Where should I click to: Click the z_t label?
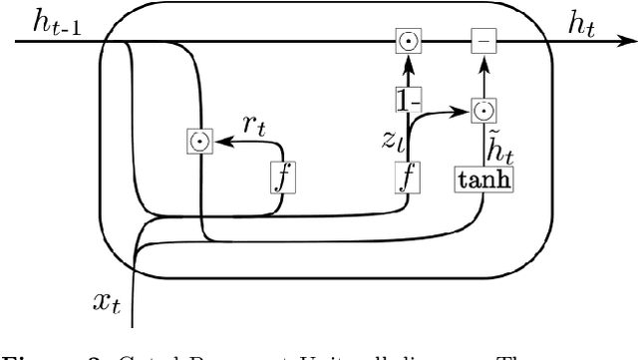pos(390,143)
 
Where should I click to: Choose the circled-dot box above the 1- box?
pos(407,42)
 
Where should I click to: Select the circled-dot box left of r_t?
pos(199,143)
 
